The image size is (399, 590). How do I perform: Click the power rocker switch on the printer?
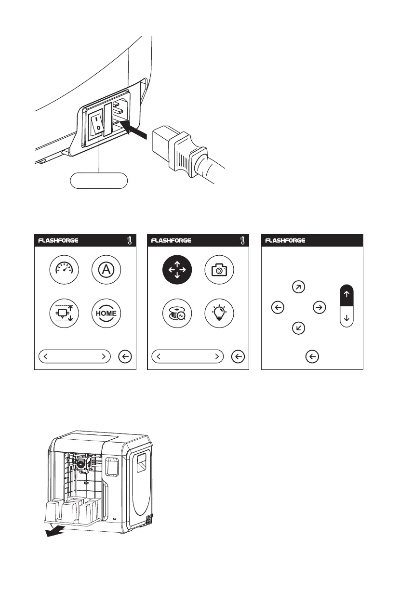(98, 123)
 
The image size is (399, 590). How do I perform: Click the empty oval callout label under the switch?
(99, 181)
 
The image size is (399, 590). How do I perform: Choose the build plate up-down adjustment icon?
(65, 313)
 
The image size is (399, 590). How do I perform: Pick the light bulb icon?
(220, 313)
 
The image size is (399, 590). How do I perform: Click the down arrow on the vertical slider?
(347, 318)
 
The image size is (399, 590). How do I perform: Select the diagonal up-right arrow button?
(298, 288)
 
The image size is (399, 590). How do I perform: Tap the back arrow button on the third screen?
(312, 356)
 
